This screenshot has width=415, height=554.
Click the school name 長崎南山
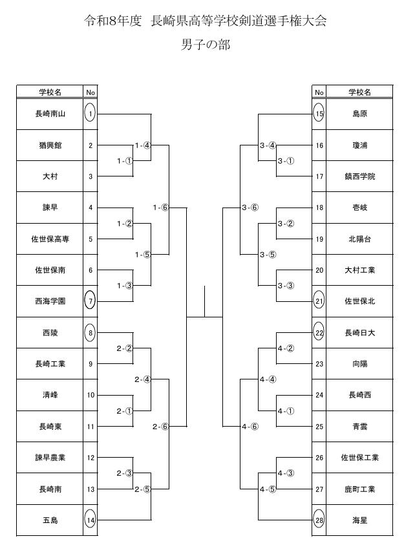click(x=50, y=114)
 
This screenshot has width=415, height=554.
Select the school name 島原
click(x=359, y=114)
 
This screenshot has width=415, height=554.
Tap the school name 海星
click(x=359, y=520)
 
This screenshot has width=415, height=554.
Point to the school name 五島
click(x=50, y=520)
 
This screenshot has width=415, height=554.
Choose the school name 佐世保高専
click(x=50, y=239)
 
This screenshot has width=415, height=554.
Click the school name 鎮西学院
click(x=359, y=176)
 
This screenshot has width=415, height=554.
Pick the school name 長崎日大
click(x=359, y=333)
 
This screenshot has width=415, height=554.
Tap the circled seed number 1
click(x=90, y=114)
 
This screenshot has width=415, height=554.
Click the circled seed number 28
click(x=319, y=520)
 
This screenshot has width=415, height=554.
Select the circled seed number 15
click(x=319, y=114)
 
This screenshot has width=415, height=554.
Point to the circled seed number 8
click(x=90, y=333)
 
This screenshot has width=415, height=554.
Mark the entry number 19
click(x=319, y=239)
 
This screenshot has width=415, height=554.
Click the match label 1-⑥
click(x=160, y=208)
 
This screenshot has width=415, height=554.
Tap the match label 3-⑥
click(x=250, y=208)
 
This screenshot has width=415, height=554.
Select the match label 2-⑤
click(x=142, y=489)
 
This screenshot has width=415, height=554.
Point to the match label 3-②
click(x=286, y=224)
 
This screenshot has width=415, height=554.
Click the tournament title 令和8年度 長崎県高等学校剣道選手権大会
click(x=206, y=21)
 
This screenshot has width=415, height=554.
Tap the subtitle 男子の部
click(x=206, y=45)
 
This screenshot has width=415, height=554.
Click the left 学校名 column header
click(x=50, y=92)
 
